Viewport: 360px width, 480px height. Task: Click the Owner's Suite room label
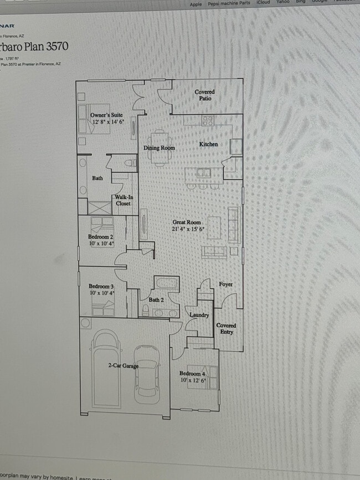click(106, 115)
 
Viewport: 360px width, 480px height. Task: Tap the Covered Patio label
click(204, 95)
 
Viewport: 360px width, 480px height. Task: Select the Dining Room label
click(159, 148)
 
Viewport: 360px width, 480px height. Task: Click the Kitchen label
click(208, 144)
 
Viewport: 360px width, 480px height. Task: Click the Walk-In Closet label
click(123, 200)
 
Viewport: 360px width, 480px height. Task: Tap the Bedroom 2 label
click(101, 236)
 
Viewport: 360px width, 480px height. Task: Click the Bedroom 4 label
click(192, 374)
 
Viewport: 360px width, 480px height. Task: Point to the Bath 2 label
click(156, 300)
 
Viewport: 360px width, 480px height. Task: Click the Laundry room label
click(199, 315)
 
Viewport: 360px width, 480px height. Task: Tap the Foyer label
click(225, 284)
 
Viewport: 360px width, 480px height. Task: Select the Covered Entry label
click(226, 329)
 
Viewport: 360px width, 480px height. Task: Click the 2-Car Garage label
click(123, 365)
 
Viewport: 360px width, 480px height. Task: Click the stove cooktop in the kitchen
click(208, 120)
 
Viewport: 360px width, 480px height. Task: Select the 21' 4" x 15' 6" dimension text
click(188, 229)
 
